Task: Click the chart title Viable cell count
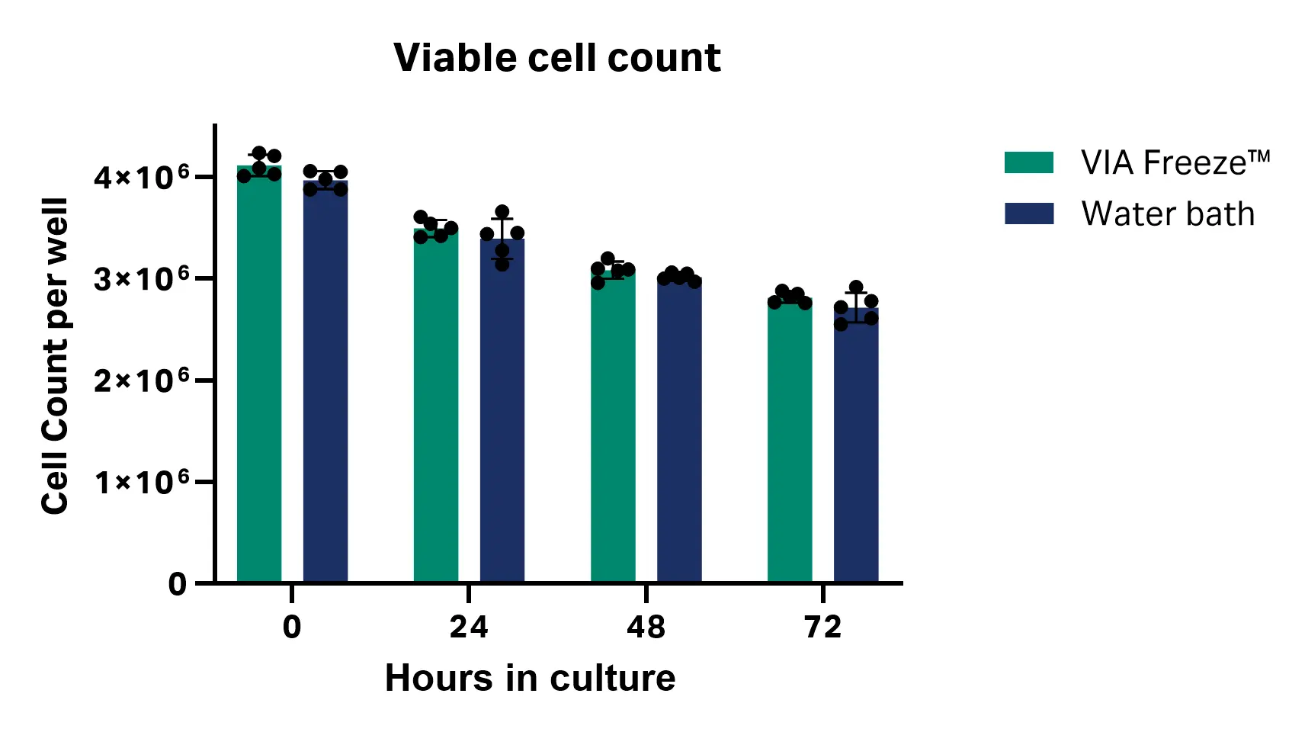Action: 556,58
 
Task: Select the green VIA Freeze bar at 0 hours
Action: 259,381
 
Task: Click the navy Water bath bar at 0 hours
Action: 325,389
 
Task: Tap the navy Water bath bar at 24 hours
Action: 502,416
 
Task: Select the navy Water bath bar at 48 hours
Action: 679,435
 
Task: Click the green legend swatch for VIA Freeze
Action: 1029,162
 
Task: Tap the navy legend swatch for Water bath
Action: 1029,213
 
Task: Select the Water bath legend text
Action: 1168,213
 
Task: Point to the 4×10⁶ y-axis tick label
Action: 142,177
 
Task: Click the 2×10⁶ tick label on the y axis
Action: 142,380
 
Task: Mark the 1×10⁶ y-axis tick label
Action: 142,481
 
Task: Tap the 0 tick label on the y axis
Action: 177,584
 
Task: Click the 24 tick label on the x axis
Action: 468,627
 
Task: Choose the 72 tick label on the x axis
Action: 822,627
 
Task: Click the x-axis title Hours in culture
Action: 530,678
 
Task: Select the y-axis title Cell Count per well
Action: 55,356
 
